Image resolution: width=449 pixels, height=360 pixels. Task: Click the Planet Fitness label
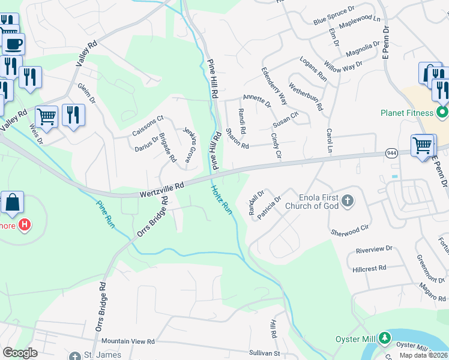pos(406,113)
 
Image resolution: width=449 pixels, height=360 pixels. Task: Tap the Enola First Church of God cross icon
pos(348,202)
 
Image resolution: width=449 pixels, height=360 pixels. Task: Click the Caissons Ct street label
pos(148,125)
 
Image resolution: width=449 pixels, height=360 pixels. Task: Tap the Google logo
pos(20,353)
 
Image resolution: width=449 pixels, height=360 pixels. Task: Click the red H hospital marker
pos(24,225)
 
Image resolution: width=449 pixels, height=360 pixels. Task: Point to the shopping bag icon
pos(12,203)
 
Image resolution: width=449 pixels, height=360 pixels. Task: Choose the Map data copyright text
pos(424,355)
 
